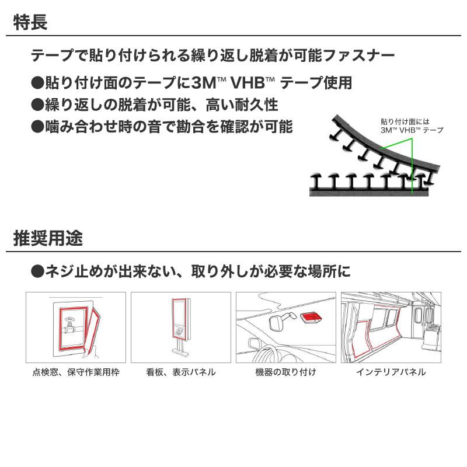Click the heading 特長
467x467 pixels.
click(x=30, y=22)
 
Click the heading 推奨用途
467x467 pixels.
click(x=48, y=238)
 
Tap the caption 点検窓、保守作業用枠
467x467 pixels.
click(x=76, y=372)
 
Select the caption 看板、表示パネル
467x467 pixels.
click(x=181, y=372)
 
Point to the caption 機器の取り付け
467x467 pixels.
click(x=285, y=372)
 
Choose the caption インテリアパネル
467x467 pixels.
click(x=391, y=372)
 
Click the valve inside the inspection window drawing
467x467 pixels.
click(x=69, y=324)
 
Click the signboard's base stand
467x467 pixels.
click(x=180, y=348)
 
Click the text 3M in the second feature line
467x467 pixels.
click(x=203, y=83)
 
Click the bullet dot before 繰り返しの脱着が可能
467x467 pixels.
click(x=37, y=105)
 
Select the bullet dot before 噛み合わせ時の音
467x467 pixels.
click(x=37, y=127)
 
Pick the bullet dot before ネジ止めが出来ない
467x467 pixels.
click(x=37, y=271)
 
